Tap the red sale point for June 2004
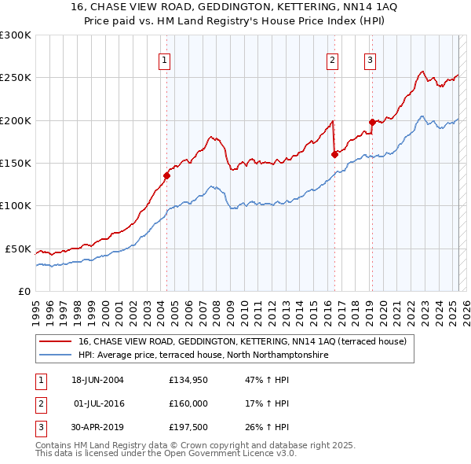167,175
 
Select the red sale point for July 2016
334,154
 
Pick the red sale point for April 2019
372,122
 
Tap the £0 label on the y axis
23,291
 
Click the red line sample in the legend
55,342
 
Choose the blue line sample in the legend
55,355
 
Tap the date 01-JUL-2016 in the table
100,403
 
